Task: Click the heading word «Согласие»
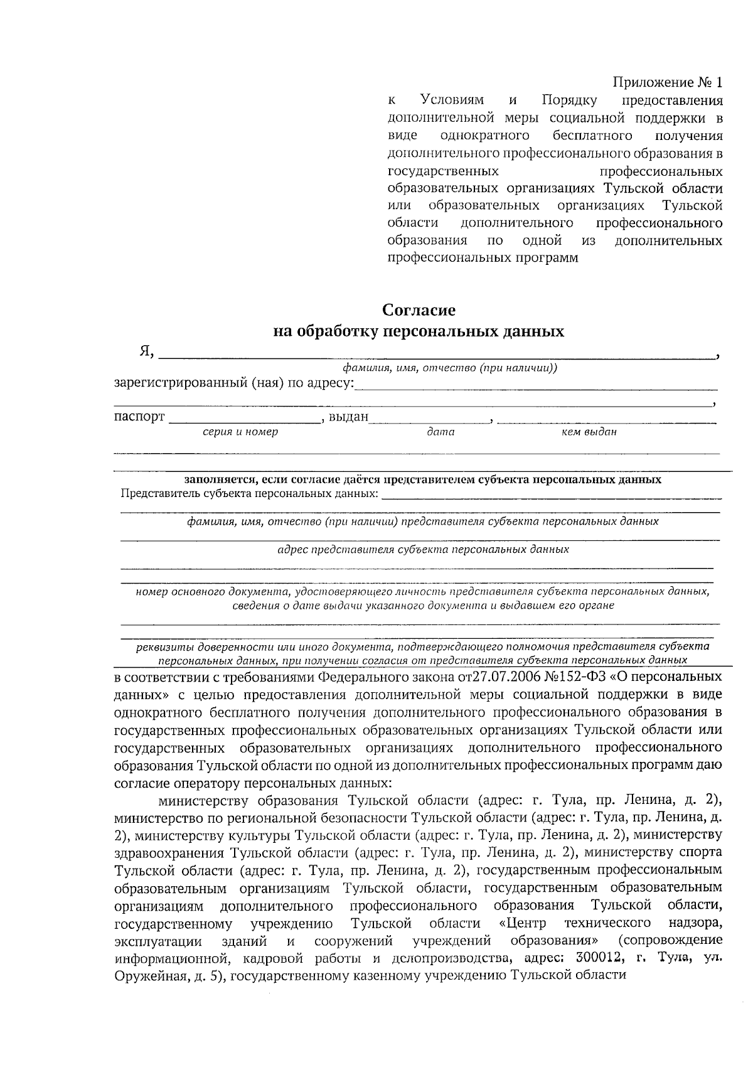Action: [419, 310]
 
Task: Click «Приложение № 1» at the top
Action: [668, 82]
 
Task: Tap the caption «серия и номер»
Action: [240, 432]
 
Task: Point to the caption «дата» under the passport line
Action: [441, 432]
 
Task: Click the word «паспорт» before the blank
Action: [139, 417]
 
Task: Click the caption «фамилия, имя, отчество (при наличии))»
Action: [446, 368]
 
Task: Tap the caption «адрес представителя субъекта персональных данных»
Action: [423, 549]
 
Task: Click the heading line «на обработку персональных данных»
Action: [419, 331]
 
